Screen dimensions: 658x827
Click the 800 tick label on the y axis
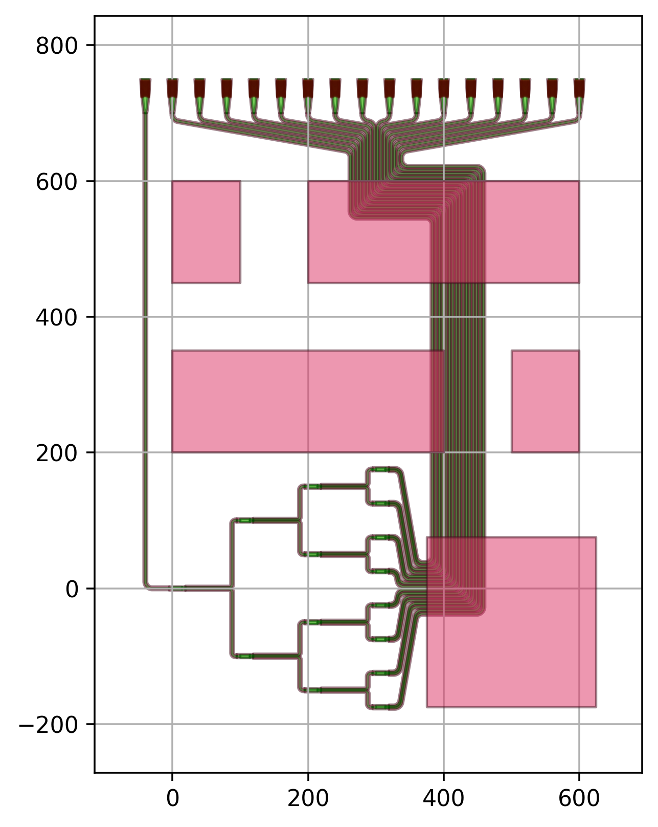(56, 47)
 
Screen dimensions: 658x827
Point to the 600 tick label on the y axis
(56, 182)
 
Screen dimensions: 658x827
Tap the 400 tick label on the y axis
(56, 318)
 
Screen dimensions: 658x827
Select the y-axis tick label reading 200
(56, 453)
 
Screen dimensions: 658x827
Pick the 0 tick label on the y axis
(72, 590)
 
